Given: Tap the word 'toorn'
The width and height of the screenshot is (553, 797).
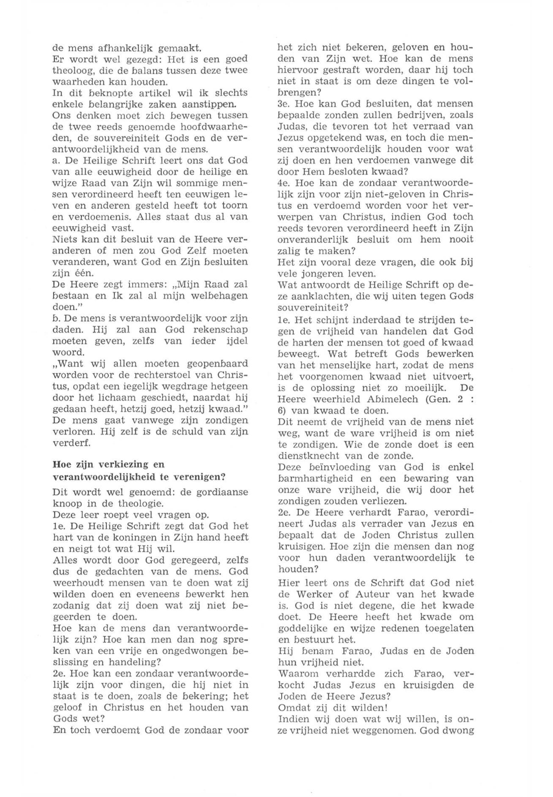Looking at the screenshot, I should (x=235, y=206).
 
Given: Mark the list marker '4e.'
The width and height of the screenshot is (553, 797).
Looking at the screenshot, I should (x=284, y=182).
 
